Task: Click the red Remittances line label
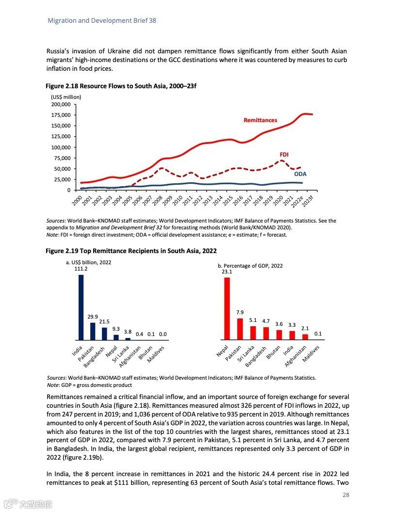click(x=260, y=120)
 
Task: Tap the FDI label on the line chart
click(x=284, y=154)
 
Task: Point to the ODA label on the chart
click(x=300, y=174)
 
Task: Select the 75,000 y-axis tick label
click(x=62, y=158)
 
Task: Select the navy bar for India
click(x=81, y=307)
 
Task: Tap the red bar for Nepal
click(x=227, y=308)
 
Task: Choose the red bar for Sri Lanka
click(x=253, y=333)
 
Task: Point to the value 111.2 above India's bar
click(x=81, y=269)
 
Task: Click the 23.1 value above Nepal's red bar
click(x=227, y=272)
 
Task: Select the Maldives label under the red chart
click(x=311, y=354)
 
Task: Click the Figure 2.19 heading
click(x=131, y=251)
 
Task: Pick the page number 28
click(x=346, y=495)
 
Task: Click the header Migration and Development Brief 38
click(x=101, y=20)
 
